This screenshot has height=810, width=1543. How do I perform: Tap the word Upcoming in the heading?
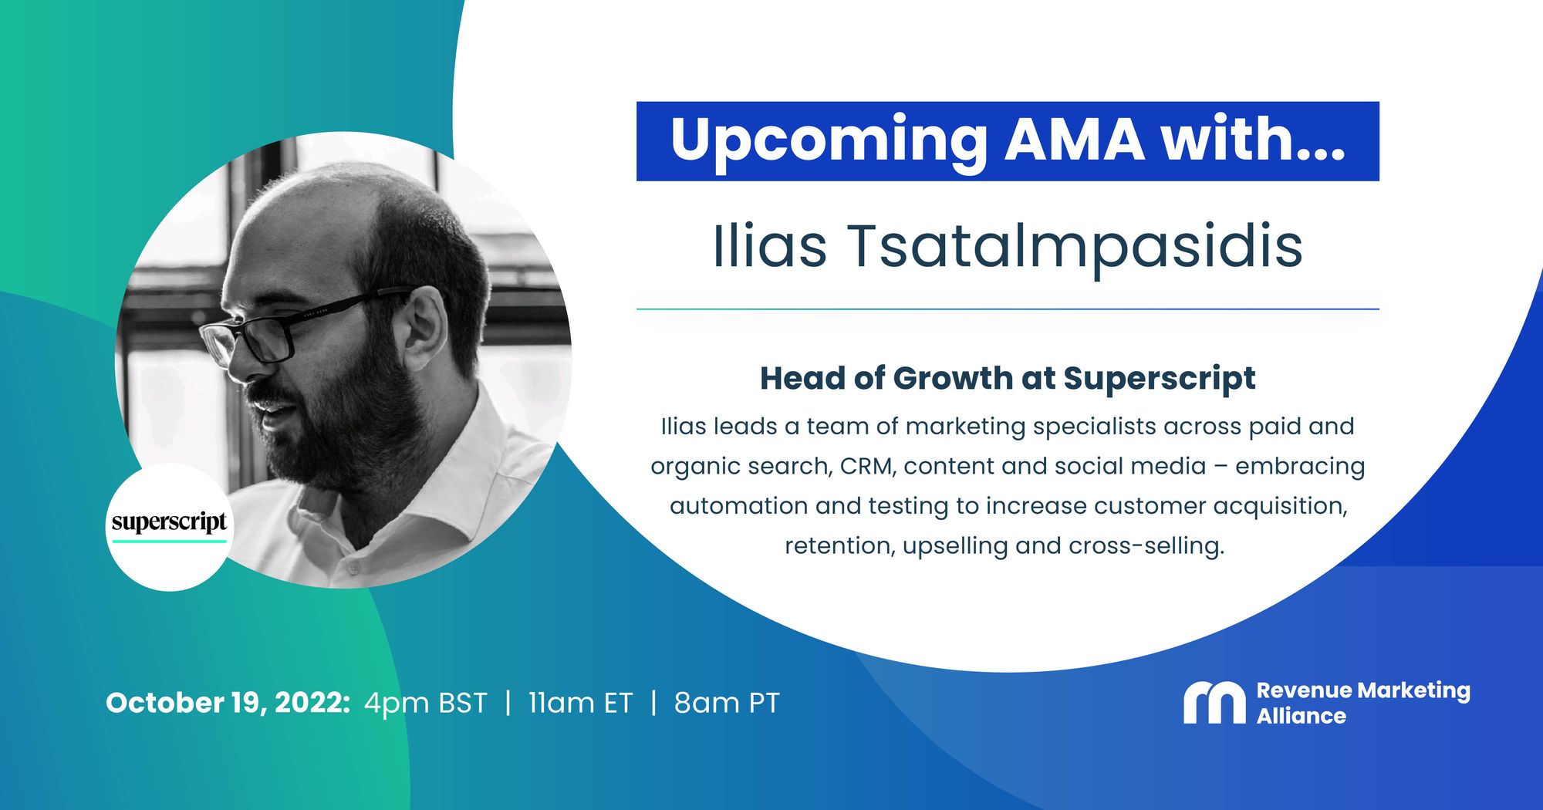point(829,143)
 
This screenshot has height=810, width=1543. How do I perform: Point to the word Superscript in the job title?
point(1160,380)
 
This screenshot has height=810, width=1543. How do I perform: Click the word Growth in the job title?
point(953,379)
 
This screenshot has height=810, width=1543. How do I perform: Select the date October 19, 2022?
point(228,704)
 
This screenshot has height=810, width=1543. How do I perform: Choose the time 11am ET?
point(580,704)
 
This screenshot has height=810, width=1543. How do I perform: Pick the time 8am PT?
point(727,704)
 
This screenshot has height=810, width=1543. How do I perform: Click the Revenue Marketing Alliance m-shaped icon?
point(1214,702)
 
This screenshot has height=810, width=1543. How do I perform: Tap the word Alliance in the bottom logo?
point(1302,717)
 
